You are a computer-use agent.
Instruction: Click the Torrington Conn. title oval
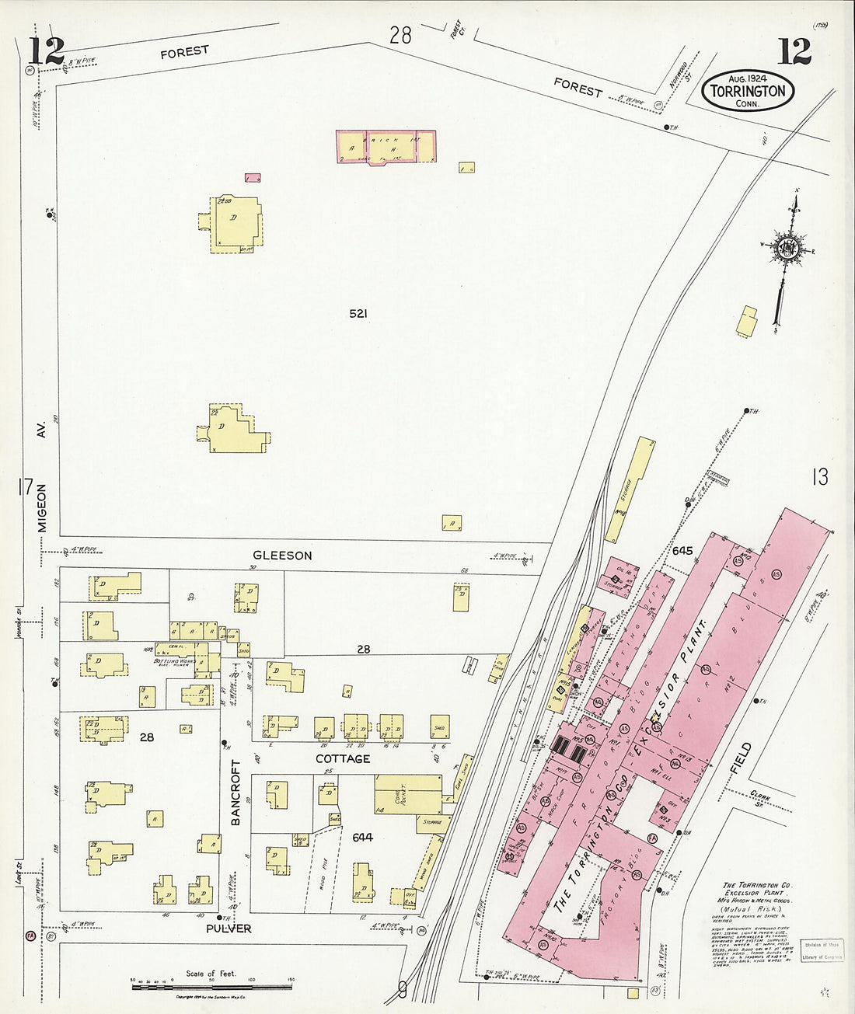(x=748, y=91)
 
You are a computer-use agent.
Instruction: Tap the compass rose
(x=790, y=248)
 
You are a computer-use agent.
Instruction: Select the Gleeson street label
(x=282, y=556)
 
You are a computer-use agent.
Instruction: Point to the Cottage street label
(x=342, y=758)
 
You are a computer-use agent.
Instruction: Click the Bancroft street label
(x=236, y=792)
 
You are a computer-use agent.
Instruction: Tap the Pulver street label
(x=229, y=929)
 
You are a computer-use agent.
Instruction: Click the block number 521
(x=358, y=314)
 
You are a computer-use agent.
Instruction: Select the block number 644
(x=362, y=837)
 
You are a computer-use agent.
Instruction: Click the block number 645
(x=682, y=551)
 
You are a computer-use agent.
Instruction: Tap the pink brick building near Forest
(x=386, y=147)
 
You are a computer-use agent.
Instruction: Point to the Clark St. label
(x=760, y=798)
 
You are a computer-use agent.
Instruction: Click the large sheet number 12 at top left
(x=46, y=51)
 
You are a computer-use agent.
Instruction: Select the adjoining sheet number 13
(x=819, y=477)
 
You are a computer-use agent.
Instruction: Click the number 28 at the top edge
(x=400, y=35)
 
